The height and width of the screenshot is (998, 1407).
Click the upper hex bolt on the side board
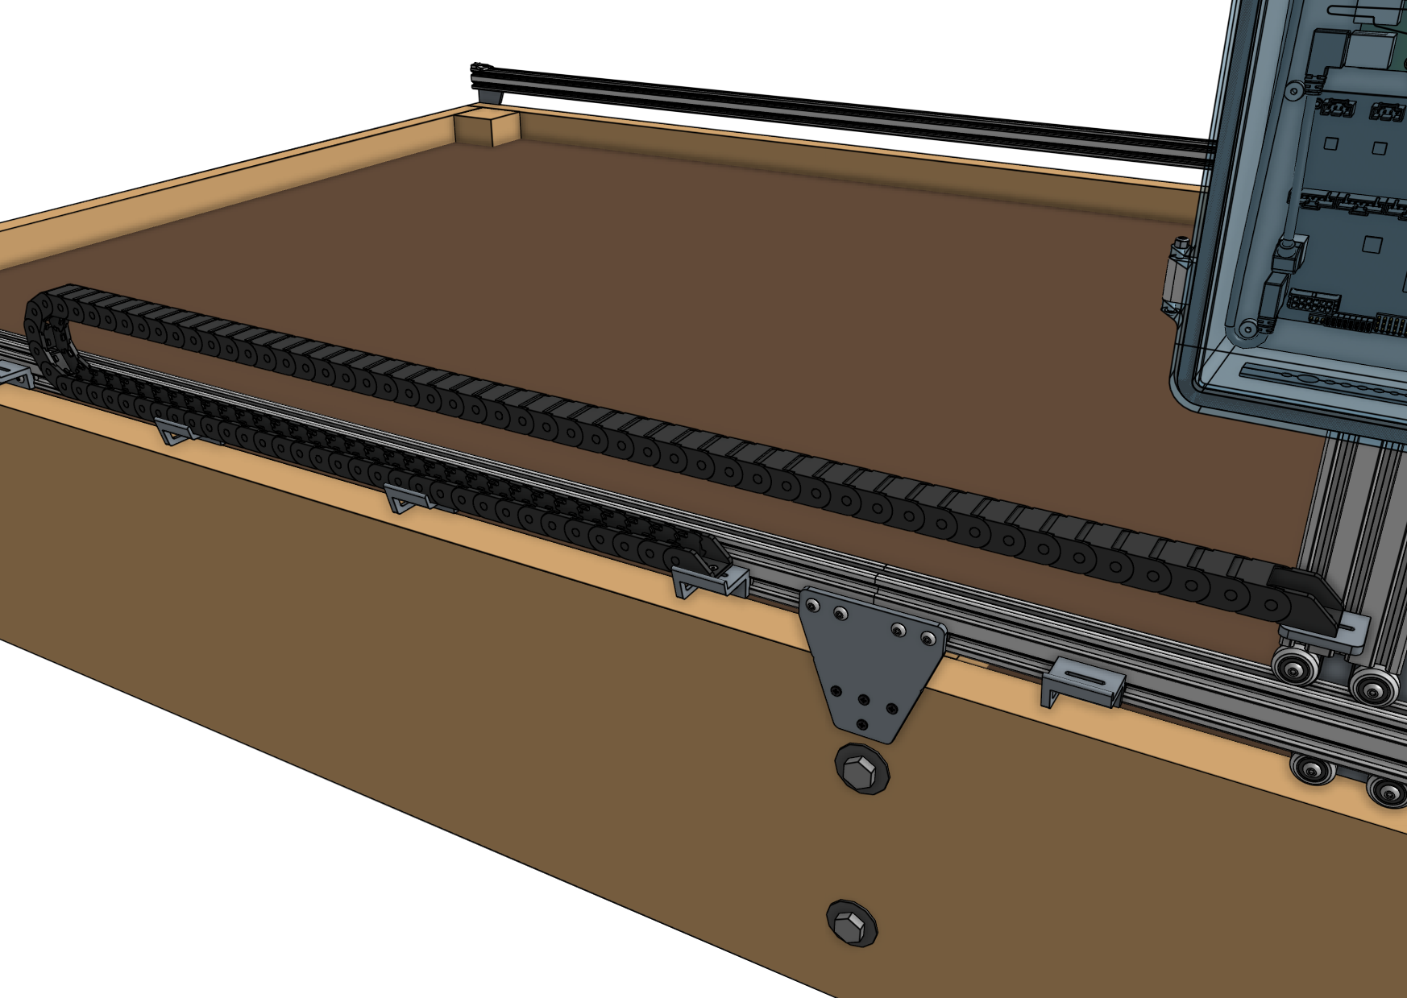[861, 768]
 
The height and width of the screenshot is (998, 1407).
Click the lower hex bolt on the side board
[852, 923]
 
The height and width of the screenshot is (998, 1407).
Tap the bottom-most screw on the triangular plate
[863, 725]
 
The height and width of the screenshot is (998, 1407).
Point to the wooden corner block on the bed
[486, 126]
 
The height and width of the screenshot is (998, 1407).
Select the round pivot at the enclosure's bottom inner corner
[1247, 329]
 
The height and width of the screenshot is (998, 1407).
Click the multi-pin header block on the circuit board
[1314, 305]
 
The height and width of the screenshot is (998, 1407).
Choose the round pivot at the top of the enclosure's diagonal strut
[1294, 91]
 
